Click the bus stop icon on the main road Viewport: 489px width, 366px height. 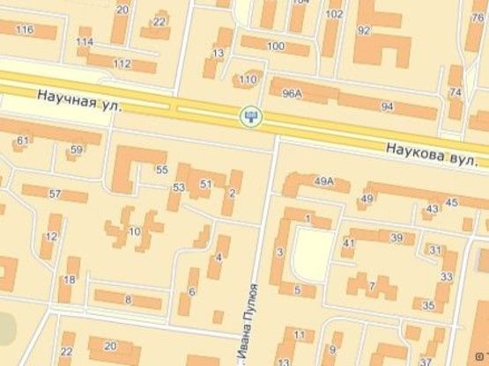(x=252, y=114)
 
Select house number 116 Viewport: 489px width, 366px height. (x=24, y=30)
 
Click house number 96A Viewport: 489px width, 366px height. (x=292, y=91)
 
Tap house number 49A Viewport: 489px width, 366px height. (x=324, y=182)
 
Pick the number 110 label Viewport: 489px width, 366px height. (x=248, y=79)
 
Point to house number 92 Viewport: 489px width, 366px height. (x=363, y=29)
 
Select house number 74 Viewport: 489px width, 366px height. (x=455, y=92)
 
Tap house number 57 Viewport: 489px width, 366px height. (x=55, y=194)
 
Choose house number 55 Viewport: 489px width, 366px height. (x=161, y=170)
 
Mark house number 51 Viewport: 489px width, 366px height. (x=206, y=183)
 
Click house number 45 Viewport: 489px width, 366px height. (x=451, y=203)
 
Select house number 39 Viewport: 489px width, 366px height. (x=396, y=238)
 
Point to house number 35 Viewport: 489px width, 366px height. (x=428, y=306)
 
